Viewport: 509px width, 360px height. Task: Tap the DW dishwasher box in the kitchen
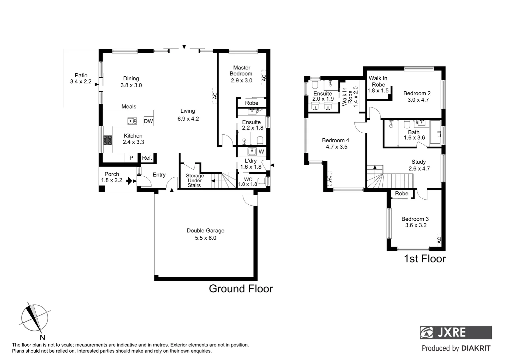148,121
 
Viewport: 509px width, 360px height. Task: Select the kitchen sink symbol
132,121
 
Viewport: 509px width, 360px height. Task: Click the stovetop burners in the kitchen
107,140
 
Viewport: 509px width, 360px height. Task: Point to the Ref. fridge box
147,158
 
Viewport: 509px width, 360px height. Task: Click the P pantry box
131,158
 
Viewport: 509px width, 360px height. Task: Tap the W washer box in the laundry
261,152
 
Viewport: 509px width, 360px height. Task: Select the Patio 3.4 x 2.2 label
81,78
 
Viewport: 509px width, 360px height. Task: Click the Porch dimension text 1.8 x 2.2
112,180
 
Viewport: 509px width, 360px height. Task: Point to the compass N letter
42,337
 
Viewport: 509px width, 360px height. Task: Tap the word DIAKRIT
476,348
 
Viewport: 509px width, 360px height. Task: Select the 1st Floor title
424,259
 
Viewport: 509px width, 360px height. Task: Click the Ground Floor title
241,289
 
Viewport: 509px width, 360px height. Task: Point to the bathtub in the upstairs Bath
435,132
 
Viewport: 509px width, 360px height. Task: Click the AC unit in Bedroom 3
439,239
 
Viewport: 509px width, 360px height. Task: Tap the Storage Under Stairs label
195,180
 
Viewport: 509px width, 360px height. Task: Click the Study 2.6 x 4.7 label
419,165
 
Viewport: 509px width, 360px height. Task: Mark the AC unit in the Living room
215,96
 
